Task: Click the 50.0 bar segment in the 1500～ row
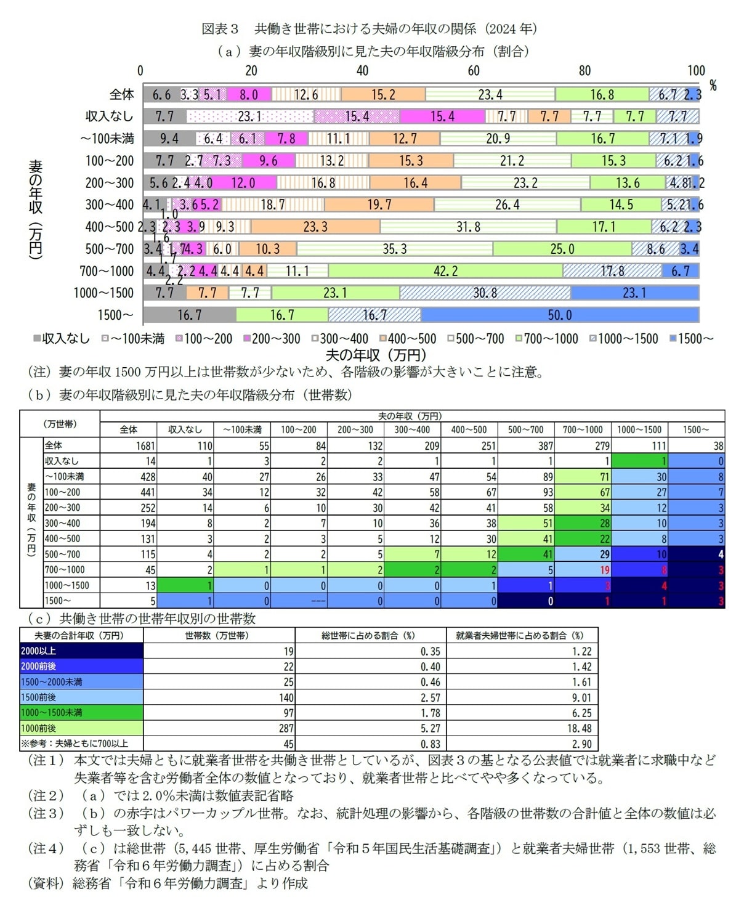tap(559, 315)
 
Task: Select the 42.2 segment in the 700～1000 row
tap(445, 271)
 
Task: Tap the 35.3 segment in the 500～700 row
tap(394, 249)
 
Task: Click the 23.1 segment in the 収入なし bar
tap(249, 116)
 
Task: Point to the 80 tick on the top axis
tap(584, 71)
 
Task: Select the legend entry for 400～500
tap(407, 338)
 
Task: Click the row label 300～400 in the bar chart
tap(109, 205)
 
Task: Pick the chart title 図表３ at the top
tap(220, 28)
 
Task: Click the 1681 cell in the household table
tap(145, 445)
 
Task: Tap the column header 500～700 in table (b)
tap(525, 429)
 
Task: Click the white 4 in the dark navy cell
tap(720, 554)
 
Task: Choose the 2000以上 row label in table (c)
tap(39, 651)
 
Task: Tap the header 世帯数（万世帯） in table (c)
tap(219, 635)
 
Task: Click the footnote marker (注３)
tap(46, 813)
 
